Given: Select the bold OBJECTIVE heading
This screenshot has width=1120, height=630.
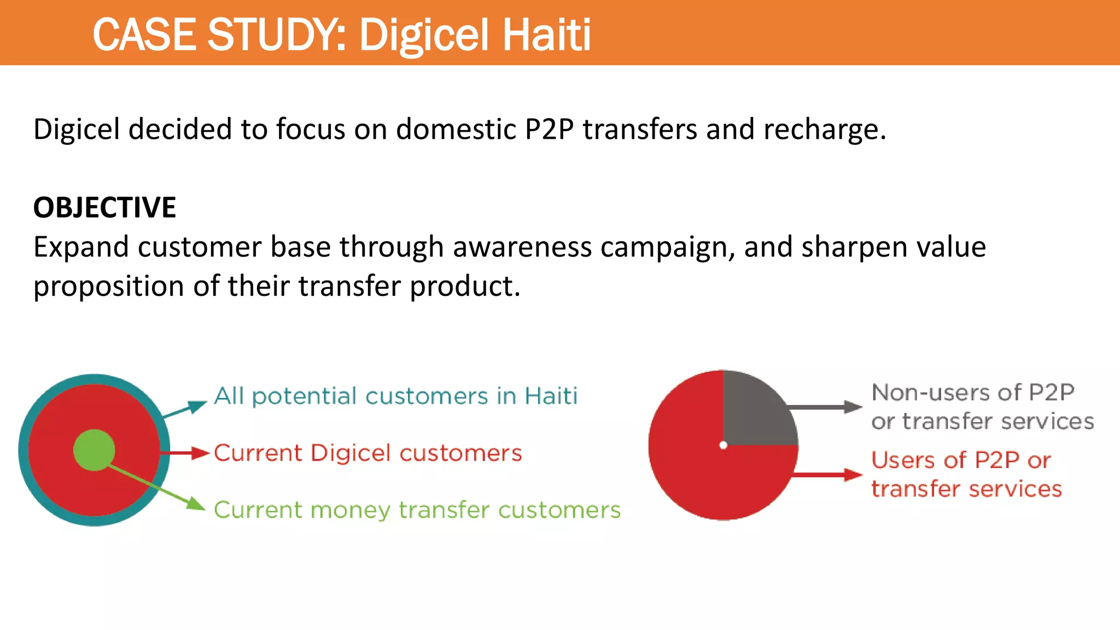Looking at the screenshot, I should tap(104, 208).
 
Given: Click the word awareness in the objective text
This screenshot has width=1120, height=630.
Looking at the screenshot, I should tap(522, 247).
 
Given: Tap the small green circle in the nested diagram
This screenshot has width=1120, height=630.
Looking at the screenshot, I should tap(94, 450).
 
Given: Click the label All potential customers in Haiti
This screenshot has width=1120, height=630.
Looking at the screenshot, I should tap(395, 396).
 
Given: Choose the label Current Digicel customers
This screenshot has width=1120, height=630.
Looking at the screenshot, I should tap(367, 453).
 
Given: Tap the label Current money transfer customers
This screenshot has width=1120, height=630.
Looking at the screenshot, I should tap(417, 510).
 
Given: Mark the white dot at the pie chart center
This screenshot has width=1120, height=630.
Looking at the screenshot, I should tap(723, 445).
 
